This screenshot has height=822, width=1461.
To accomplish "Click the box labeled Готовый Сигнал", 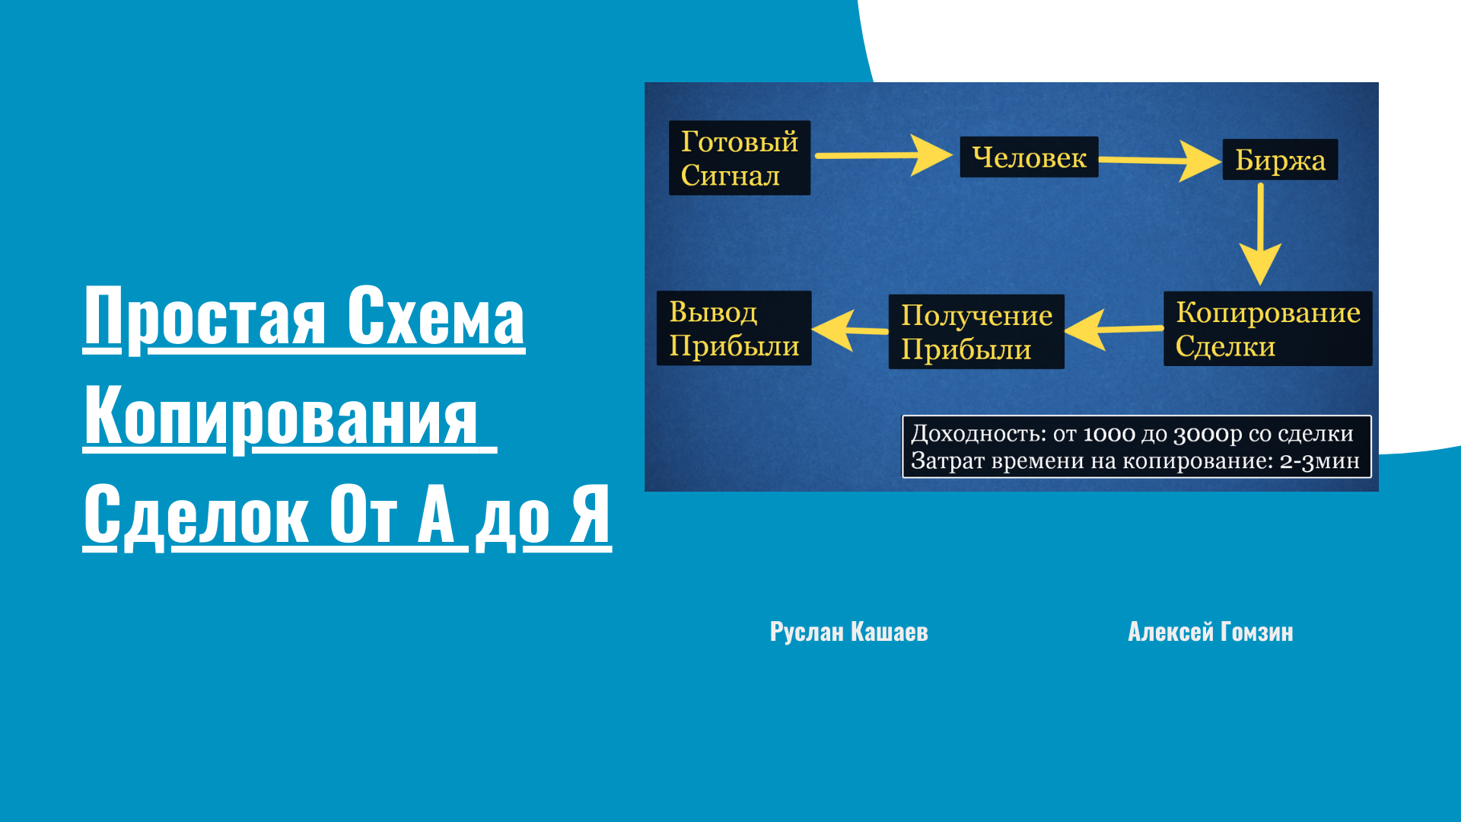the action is click(740, 158).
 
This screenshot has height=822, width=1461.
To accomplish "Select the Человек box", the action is click(1029, 157).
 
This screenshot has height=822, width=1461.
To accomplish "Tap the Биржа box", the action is click(1280, 159).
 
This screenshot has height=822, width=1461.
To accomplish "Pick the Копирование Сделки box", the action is click(1268, 329).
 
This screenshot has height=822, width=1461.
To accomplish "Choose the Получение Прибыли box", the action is click(976, 332).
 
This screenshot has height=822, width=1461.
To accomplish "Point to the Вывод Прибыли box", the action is click(734, 328).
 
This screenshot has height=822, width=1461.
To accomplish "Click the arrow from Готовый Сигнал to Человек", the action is click(883, 155).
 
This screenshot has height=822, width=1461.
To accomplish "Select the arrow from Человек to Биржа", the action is click(1160, 160).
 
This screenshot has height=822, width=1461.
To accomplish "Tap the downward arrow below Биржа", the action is click(1261, 234).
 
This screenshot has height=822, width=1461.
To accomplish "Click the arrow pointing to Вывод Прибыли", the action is click(850, 330).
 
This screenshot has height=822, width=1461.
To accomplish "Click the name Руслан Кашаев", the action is click(849, 632).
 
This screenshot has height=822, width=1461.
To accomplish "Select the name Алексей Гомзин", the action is click(1211, 632).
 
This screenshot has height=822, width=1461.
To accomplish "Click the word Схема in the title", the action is click(436, 317).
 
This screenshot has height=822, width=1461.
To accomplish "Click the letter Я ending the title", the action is click(591, 515).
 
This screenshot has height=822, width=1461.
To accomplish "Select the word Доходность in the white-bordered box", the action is click(979, 434).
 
